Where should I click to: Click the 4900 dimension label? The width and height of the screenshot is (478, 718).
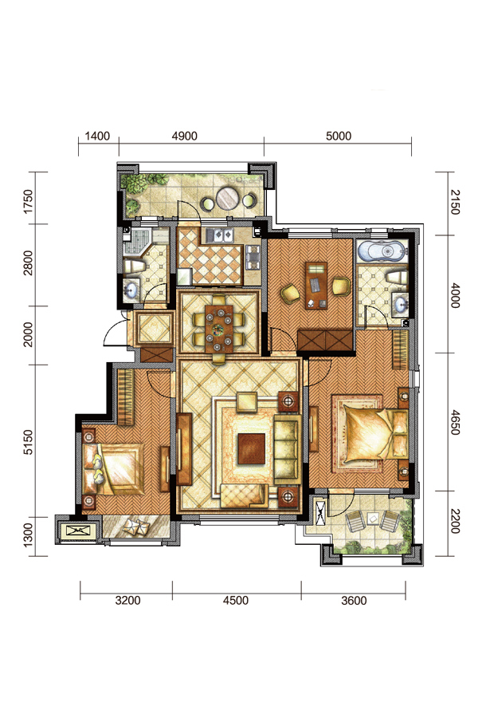click(184, 136)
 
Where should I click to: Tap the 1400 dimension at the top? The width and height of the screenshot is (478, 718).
click(97, 136)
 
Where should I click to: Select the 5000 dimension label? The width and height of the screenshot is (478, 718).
click(339, 136)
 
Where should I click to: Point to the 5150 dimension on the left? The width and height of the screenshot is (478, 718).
click(29, 442)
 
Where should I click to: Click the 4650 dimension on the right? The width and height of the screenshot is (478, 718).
click(455, 422)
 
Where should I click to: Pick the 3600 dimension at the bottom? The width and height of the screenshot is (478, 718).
click(354, 600)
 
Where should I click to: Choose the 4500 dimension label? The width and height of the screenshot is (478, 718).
click(236, 600)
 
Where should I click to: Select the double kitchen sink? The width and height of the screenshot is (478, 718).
click(220, 235)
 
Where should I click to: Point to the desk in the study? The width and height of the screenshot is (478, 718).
click(316, 286)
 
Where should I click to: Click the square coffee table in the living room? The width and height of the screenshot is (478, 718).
click(251, 448)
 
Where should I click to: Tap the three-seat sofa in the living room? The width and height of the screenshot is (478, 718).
click(286, 450)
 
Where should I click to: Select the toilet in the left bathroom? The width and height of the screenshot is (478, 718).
click(134, 266)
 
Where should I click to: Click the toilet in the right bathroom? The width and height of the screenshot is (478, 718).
click(396, 277)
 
